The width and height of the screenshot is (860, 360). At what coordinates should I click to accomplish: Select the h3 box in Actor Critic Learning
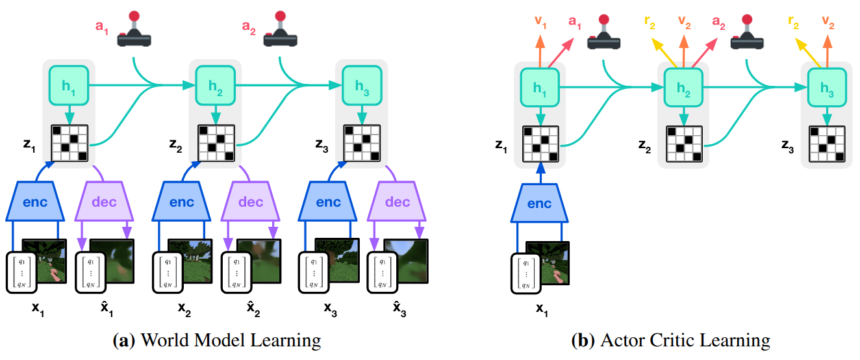[827, 89]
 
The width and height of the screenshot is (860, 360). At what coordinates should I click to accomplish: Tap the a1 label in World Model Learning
[102, 29]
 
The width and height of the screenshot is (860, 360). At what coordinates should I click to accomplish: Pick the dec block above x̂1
[104, 201]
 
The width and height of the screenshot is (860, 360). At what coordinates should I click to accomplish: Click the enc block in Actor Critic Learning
[539, 203]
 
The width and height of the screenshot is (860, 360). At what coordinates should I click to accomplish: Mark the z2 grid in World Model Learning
[214, 143]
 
